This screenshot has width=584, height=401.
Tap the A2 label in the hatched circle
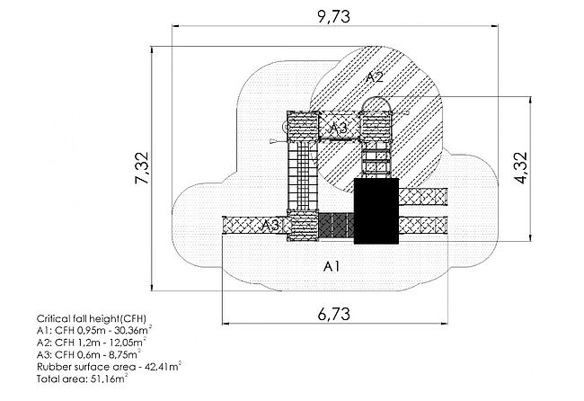point(376,77)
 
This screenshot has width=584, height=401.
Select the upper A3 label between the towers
point(338,129)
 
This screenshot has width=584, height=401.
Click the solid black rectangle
point(376,211)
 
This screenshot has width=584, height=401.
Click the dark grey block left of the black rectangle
point(334,225)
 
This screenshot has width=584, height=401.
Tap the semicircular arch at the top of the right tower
point(376,104)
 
